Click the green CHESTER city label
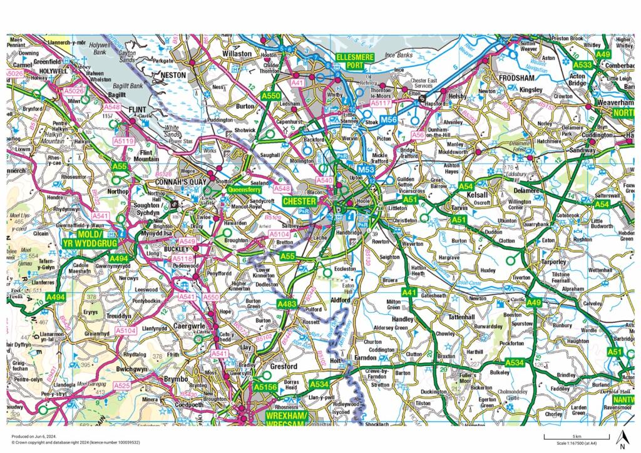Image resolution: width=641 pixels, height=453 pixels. (299, 201)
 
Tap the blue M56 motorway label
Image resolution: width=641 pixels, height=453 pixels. (389, 120)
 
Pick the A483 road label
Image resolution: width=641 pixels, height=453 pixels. (287, 303)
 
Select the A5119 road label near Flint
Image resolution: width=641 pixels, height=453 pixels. (124, 142)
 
